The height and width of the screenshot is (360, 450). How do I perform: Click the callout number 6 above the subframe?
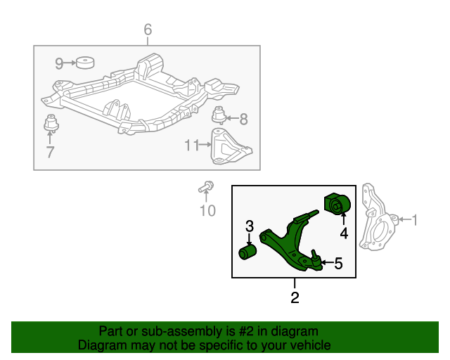point(148,30)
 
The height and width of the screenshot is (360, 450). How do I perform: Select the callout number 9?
point(60,63)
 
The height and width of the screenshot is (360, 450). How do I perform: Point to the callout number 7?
point(50,152)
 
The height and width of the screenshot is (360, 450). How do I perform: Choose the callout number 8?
point(244,118)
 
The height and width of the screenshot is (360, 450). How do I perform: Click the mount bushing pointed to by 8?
point(219,115)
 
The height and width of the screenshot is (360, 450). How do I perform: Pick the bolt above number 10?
point(205,187)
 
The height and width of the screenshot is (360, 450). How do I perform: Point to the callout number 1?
point(414,220)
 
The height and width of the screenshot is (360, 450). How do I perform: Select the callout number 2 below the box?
point(295,297)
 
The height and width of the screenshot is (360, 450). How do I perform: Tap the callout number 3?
point(249,226)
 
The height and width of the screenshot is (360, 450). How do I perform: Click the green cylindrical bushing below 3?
point(248,251)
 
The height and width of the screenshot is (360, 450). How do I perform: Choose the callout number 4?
point(344,233)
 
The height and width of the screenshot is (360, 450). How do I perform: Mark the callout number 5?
point(338,264)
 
